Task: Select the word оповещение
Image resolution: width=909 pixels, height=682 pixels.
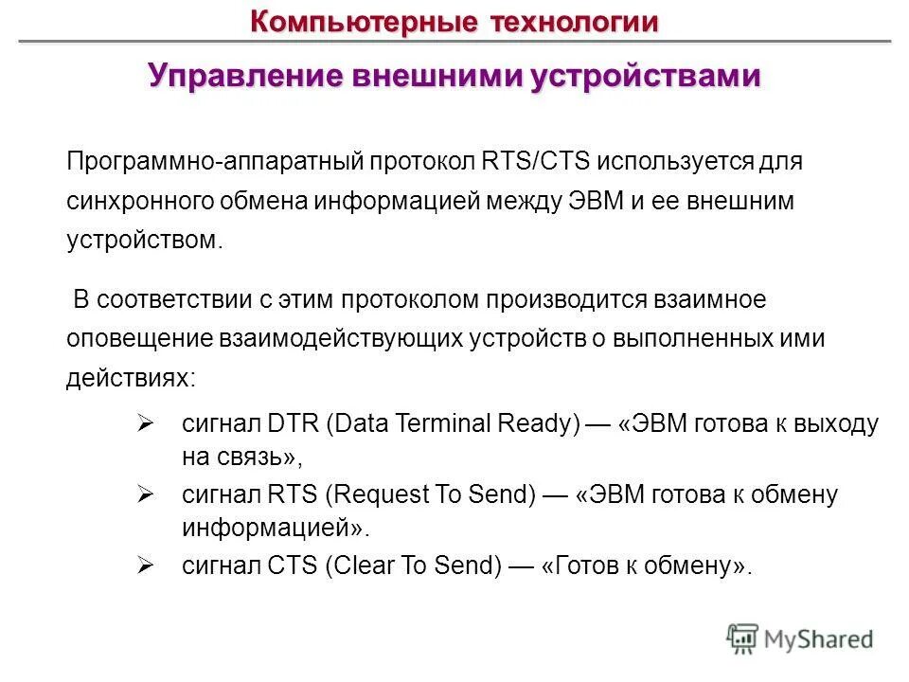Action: tap(139, 339)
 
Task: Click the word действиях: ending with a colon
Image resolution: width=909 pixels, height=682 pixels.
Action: tap(132, 379)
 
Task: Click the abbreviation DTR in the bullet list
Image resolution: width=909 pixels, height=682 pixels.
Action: tap(294, 423)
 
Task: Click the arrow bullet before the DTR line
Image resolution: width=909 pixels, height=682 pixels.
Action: tap(145, 422)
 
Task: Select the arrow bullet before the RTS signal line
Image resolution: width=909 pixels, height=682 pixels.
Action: tap(145, 494)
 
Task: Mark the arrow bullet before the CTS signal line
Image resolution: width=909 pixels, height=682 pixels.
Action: tap(145, 565)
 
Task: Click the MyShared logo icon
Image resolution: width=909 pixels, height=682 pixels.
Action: tap(741, 638)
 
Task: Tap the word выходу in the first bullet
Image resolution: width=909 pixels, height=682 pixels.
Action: tap(836, 423)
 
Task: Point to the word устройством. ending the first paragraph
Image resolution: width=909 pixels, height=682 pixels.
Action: tap(144, 241)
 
